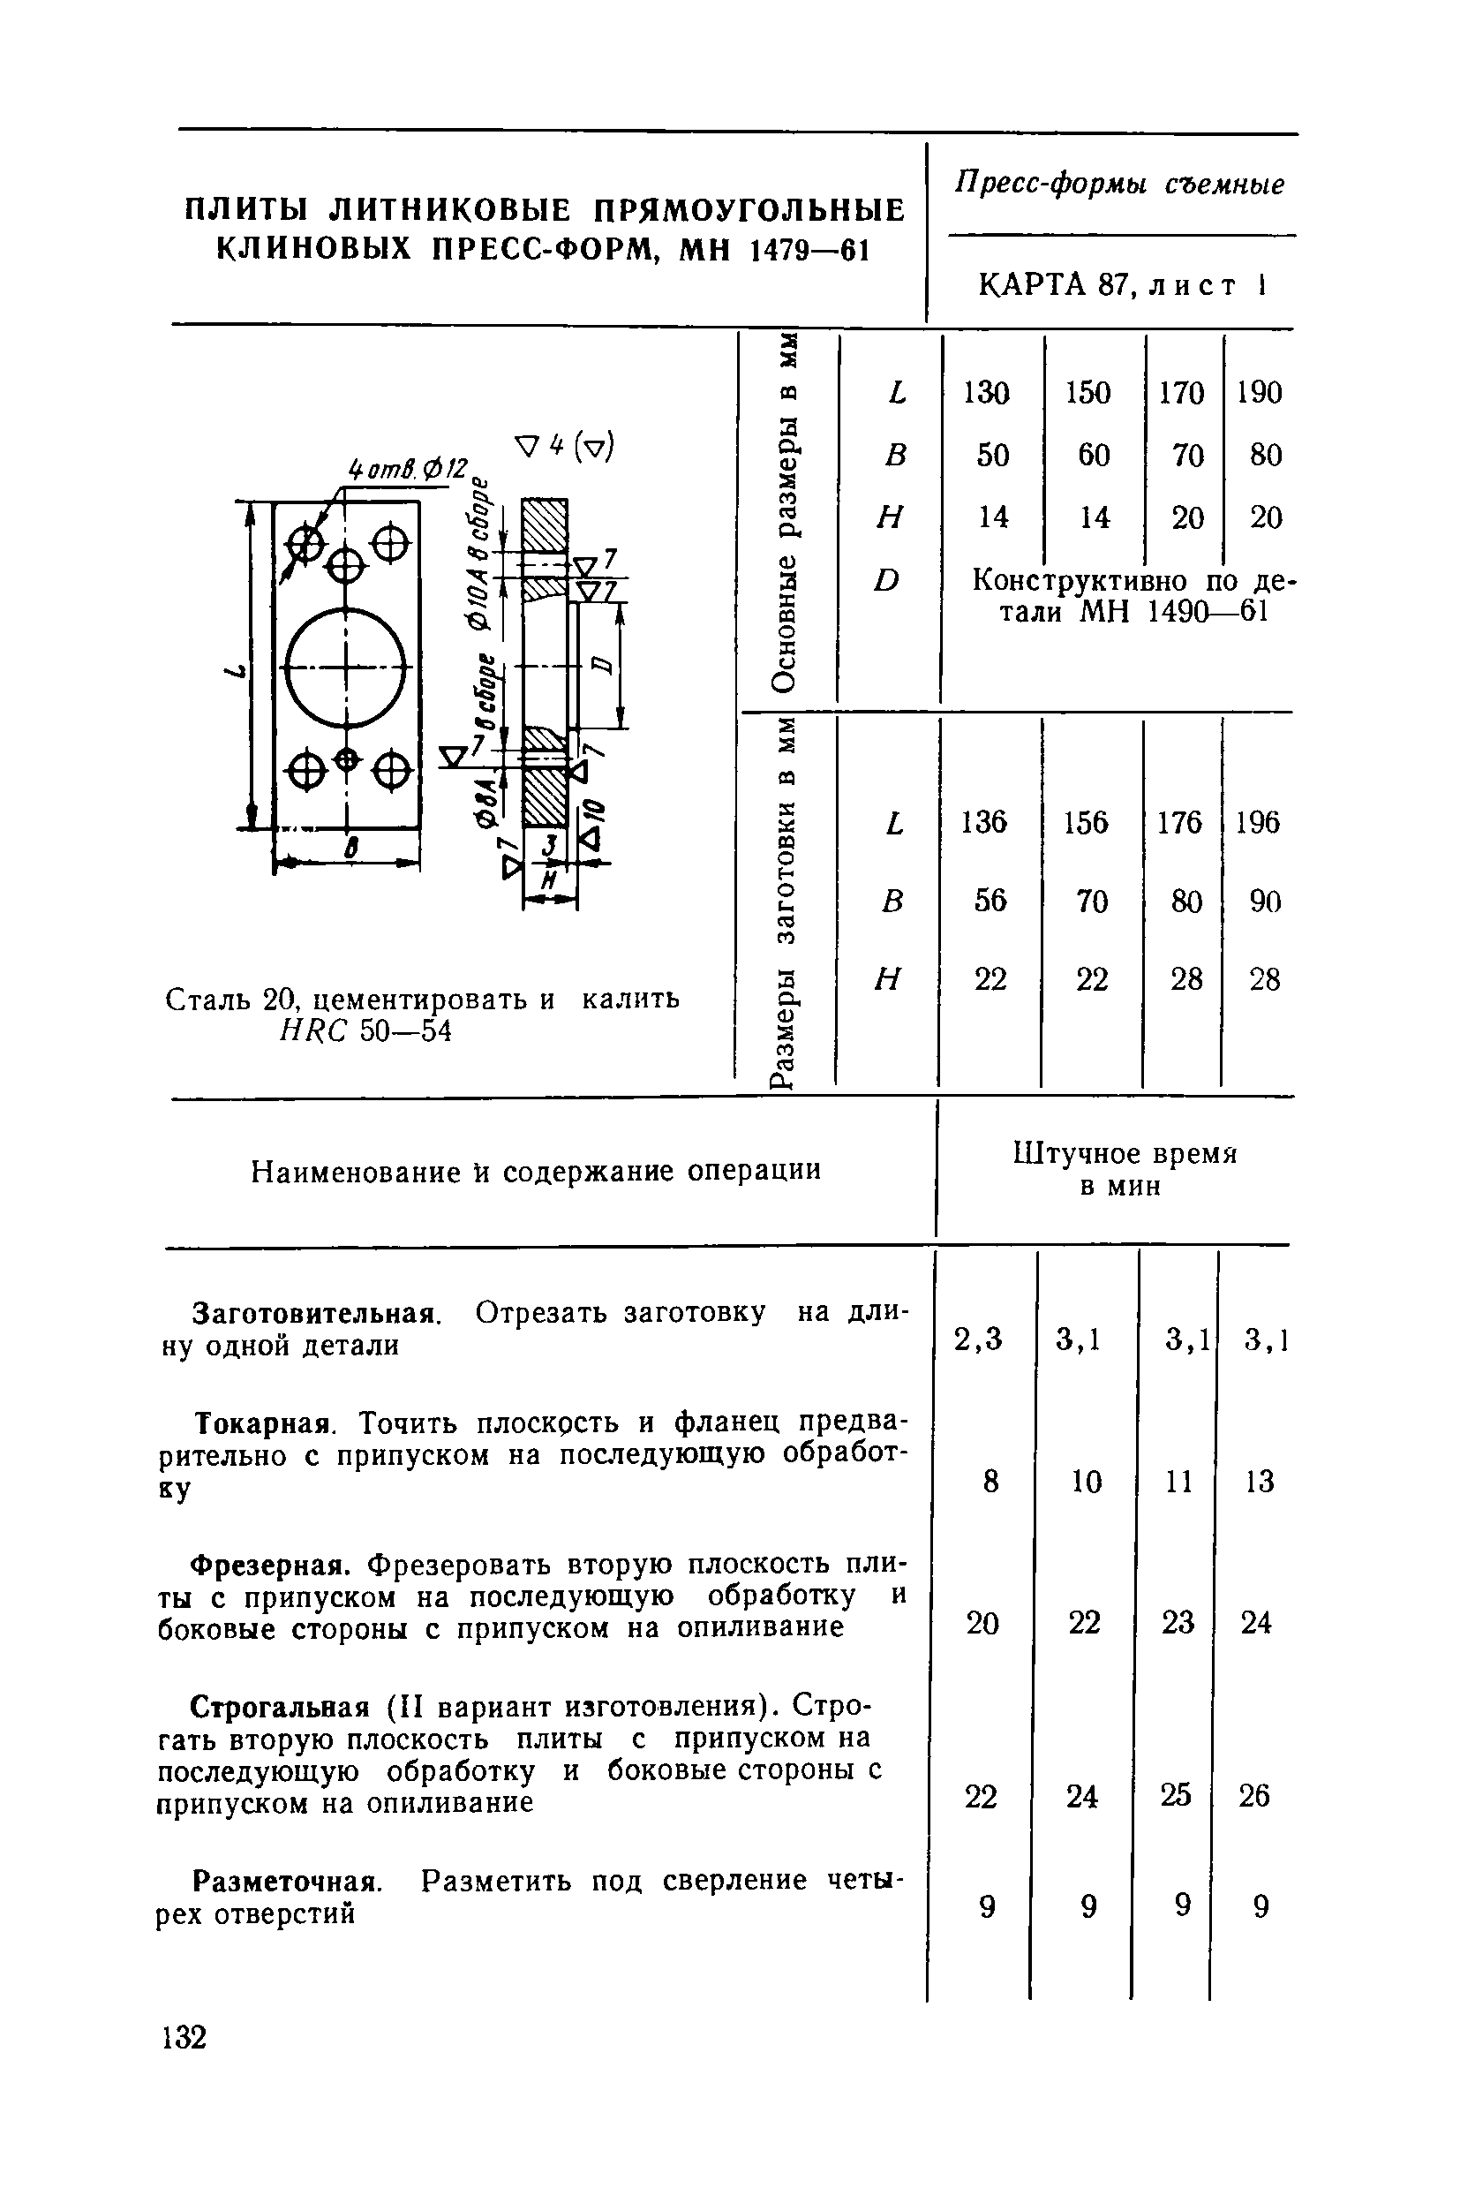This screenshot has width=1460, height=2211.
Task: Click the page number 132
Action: click(183, 2037)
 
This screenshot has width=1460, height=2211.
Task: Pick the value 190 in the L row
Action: click(1260, 392)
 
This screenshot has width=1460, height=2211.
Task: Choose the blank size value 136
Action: click(985, 822)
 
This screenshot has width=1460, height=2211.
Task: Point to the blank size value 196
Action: click(1258, 822)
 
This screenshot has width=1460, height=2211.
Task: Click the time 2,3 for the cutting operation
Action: click(979, 1339)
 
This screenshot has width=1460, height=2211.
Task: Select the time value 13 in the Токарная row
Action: click(1259, 1481)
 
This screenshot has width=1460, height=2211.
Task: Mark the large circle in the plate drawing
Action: click(346, 668)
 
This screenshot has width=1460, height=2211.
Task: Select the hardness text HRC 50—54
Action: click(366, 1032)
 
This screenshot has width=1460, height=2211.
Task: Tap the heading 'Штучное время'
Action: click(1125, 1155)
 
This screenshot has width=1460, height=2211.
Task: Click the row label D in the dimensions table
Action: click(887, 580)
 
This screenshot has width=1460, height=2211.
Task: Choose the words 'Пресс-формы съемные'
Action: click(1120, 185)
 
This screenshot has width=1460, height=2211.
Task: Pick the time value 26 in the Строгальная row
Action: click(1254, 1795)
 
